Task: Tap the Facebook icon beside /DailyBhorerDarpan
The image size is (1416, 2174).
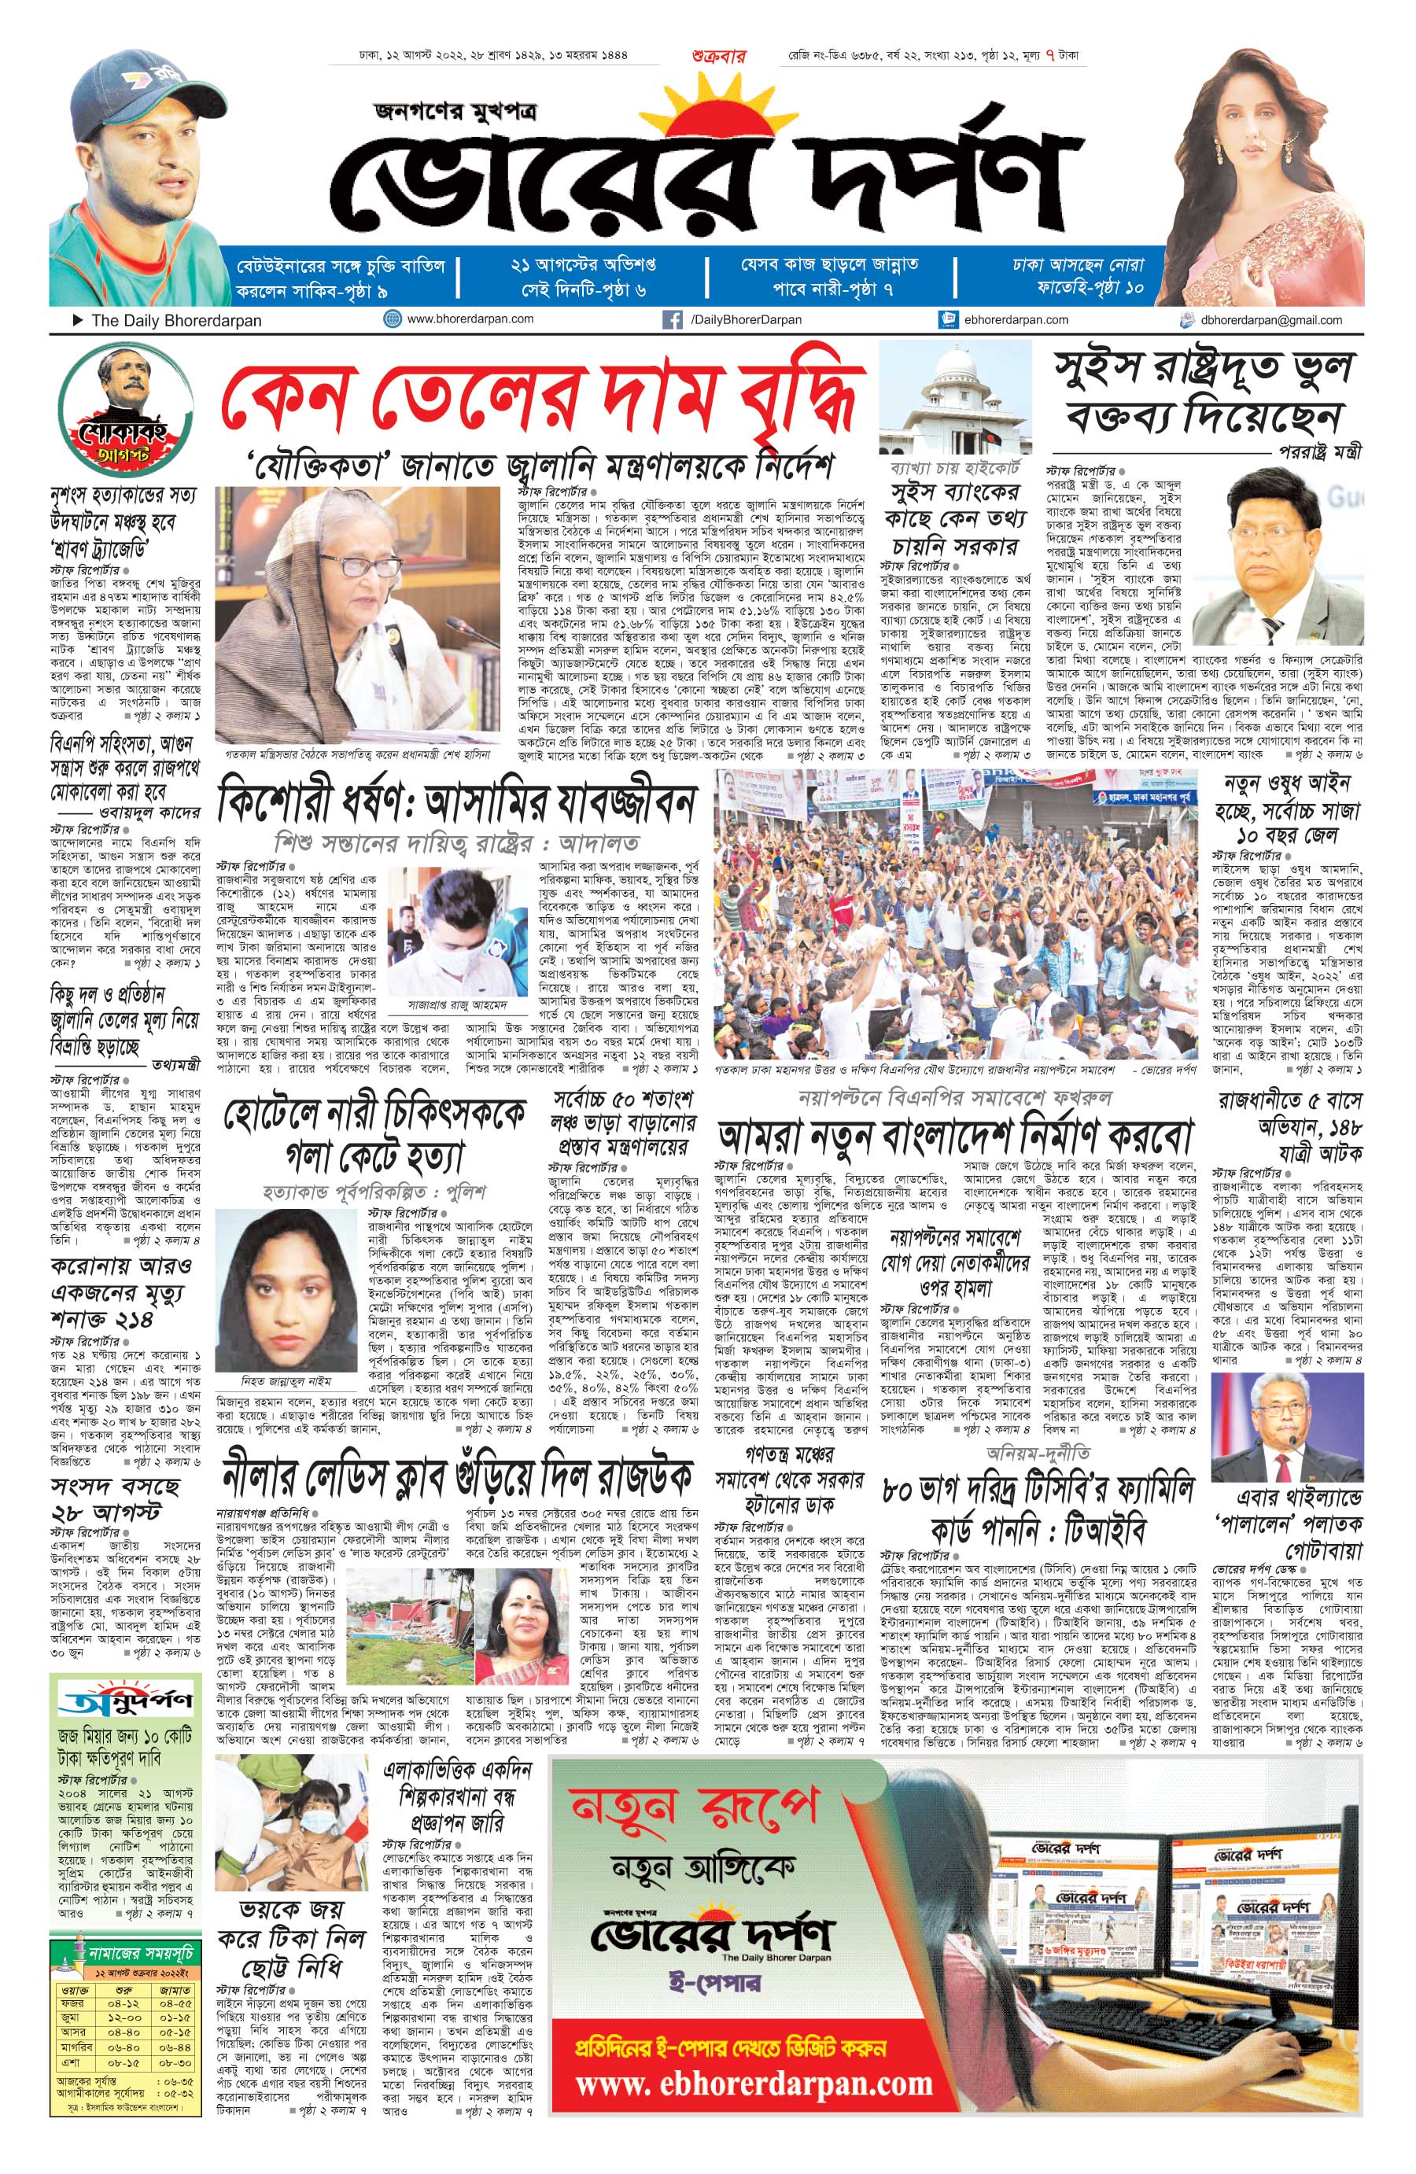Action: (x=674, y=319)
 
